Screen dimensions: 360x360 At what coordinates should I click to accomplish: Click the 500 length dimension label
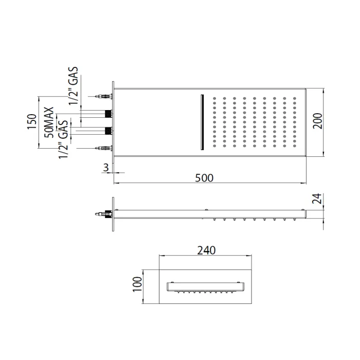click(x=204, y=178)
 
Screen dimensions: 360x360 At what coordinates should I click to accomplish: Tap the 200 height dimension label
click(x=318, y=121)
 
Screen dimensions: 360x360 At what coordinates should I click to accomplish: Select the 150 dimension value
click(x=32, y=121)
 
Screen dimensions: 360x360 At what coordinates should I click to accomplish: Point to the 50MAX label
click(x=49, y=122)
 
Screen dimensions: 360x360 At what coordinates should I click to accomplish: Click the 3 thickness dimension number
click(x=105, y=168)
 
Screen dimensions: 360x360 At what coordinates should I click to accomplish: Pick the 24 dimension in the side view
click(x=317, y=199)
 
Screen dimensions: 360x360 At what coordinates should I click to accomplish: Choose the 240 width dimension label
click(x=206, y=250)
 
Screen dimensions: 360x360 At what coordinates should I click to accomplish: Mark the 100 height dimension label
click(x=137, y=284)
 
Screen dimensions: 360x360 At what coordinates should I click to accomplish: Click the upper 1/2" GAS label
click(x=74, y=86)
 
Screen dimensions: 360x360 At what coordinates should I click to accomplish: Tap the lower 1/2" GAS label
click(x=63, y=139)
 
